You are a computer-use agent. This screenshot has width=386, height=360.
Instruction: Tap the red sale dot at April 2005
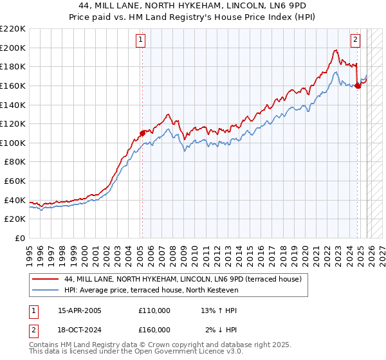[x=142, y=133]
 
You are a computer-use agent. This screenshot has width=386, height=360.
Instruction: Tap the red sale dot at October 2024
[x=358, y=85]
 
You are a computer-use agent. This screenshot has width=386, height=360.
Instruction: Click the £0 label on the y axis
[x=21, y=238]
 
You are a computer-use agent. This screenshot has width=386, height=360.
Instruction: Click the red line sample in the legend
[x=46, y=280]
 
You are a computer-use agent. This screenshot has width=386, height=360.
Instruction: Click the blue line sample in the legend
[x=46, y=291]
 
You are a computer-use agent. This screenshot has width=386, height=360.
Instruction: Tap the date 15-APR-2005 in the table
[x=80, y=310]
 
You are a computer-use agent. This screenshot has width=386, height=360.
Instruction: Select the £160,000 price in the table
[x=154, y=330]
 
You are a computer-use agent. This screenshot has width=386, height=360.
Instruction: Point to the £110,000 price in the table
[x=154, y=310]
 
